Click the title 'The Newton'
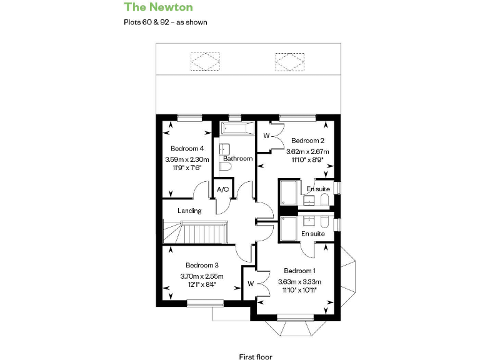tap(158, 7)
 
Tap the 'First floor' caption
tap(256, 357)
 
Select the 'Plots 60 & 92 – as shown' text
tap(166, 22)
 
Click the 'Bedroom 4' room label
tap(187, 149)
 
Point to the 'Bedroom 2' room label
tap(307, 141)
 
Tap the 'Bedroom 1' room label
tap(299, 271)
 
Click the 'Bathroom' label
tap(237, 159)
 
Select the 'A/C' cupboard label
tap(222, 189)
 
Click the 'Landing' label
tap(189, 211)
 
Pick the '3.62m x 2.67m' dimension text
tap(307, 151)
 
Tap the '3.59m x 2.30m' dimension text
tap(187, 159)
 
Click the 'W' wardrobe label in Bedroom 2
tap(266, 136)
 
